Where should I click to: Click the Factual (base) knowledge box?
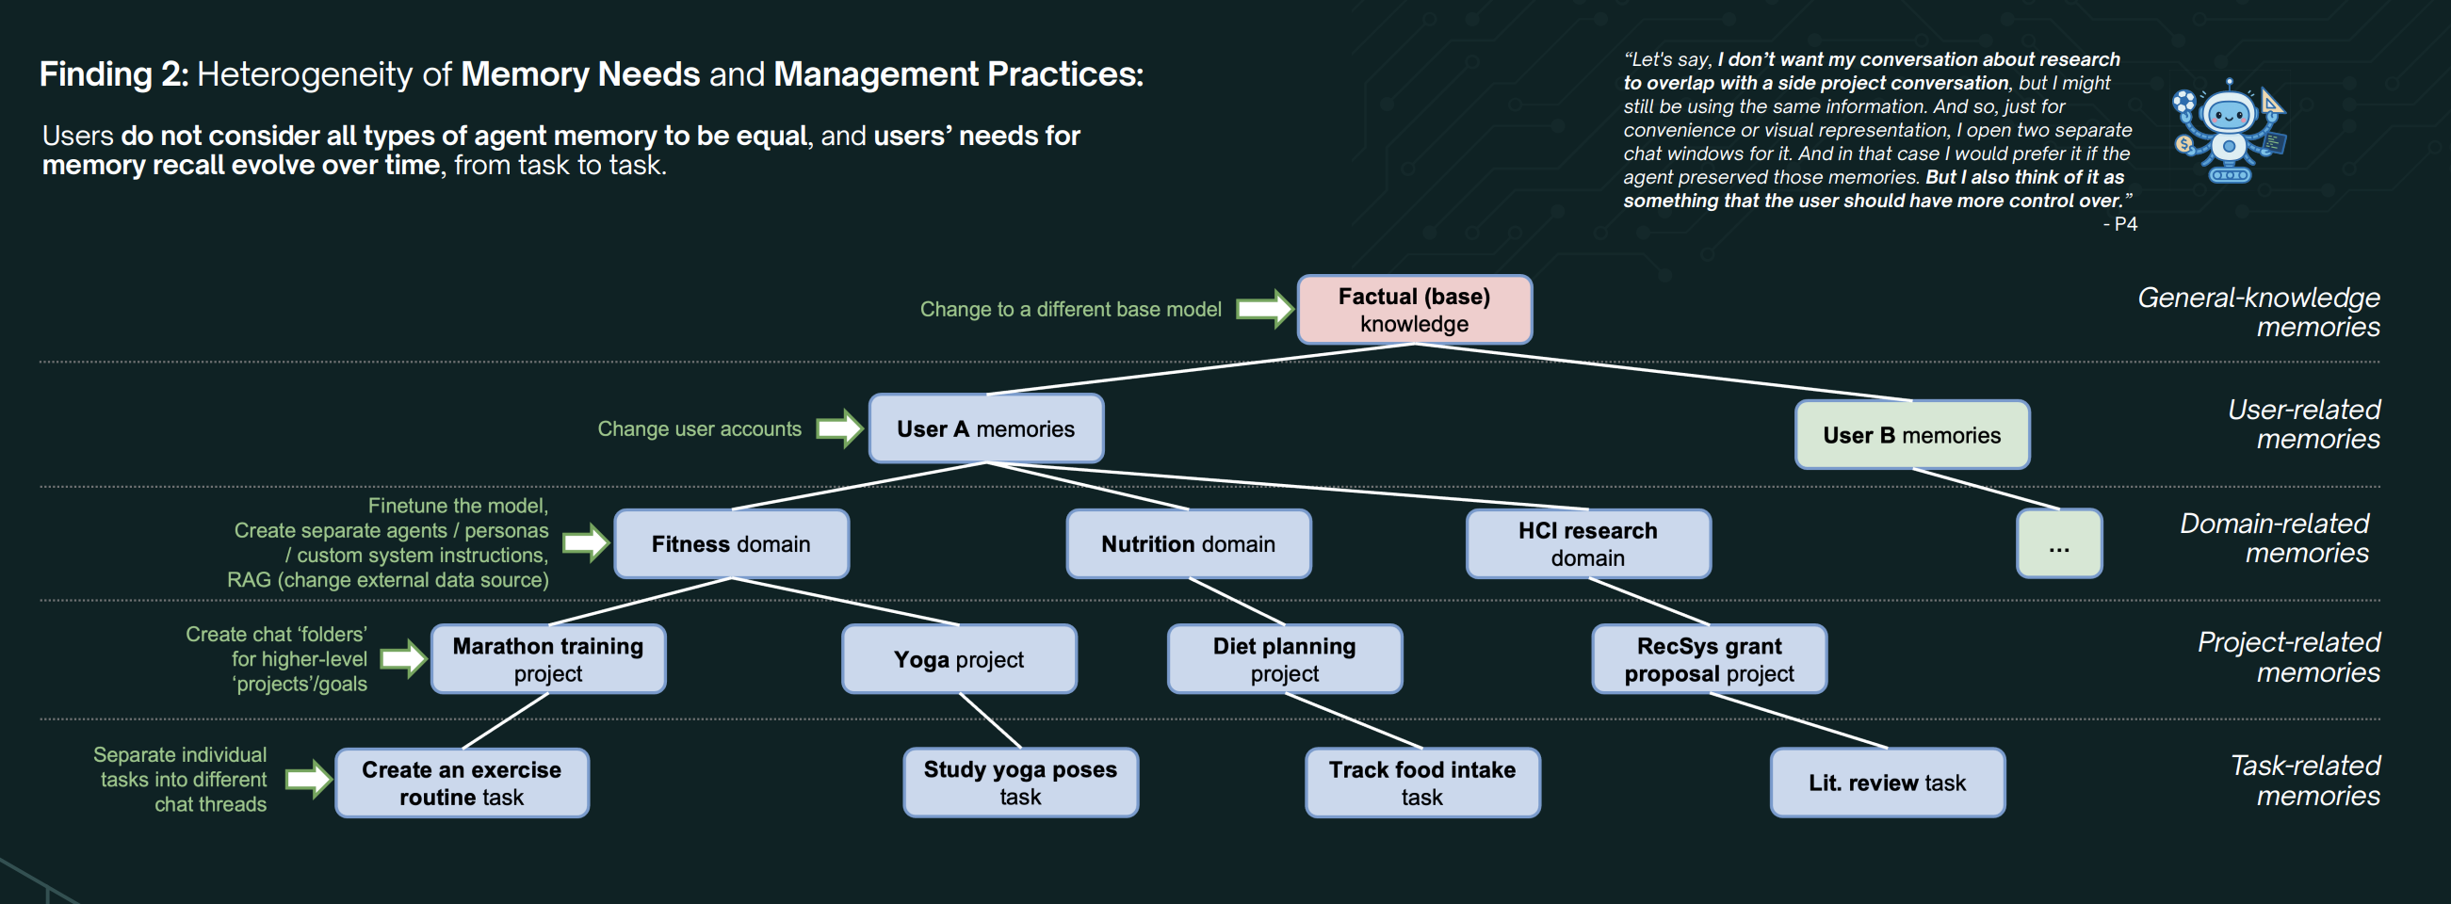1414,309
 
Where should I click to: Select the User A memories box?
985,429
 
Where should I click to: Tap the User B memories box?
1911,435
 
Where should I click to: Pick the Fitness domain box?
731,543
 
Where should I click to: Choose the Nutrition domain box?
1188,543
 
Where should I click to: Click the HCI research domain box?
1587,543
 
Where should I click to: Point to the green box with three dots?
2058,544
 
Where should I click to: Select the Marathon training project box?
548,658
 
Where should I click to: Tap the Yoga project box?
958,658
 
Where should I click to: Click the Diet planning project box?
1284,658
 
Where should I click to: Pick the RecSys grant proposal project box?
1709,658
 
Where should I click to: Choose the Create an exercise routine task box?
462,783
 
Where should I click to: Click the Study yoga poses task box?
1020,783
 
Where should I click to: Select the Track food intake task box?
1421,783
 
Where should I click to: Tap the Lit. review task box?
1887,783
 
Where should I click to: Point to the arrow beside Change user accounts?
839,428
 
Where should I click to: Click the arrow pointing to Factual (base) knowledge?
1263,308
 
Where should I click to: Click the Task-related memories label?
2304,781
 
